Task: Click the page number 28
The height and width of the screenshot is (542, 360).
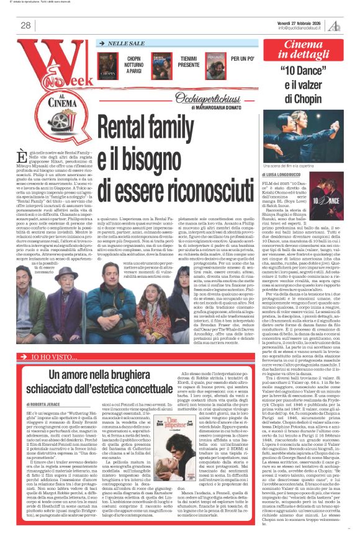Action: coord(26,25)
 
